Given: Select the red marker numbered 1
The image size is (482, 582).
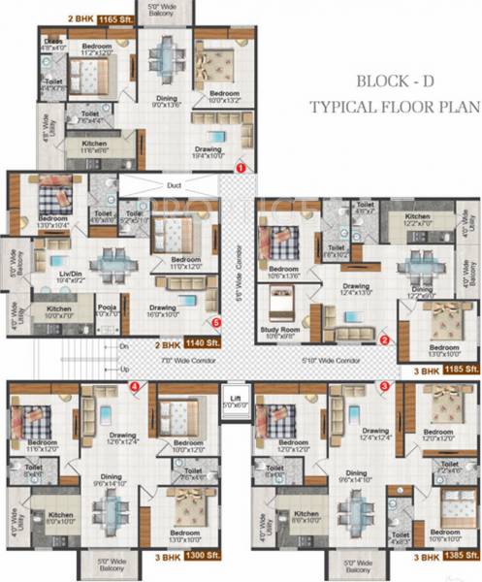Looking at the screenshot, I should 239,167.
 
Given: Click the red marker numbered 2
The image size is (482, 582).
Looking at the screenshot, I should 384,340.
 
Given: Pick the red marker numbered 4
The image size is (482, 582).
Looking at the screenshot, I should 135,387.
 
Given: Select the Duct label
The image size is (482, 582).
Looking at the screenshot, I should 174,184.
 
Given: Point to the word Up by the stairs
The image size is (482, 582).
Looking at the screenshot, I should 123,370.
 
